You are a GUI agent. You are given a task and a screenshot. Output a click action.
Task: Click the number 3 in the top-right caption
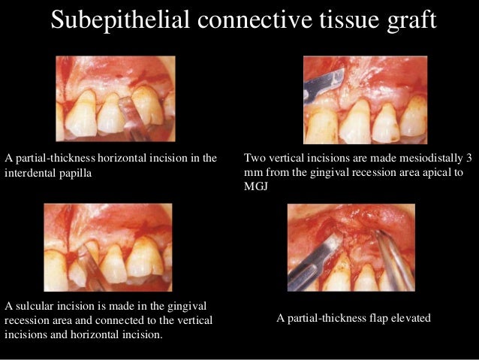click(469, 158)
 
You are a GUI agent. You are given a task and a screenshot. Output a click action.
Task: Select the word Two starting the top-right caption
click(255, 158)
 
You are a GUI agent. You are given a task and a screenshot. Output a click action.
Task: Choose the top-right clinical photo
click(365, 99)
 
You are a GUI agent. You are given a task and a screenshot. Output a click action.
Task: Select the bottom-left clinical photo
click(109, 249)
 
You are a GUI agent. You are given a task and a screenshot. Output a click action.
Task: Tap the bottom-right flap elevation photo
click(351, 247)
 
